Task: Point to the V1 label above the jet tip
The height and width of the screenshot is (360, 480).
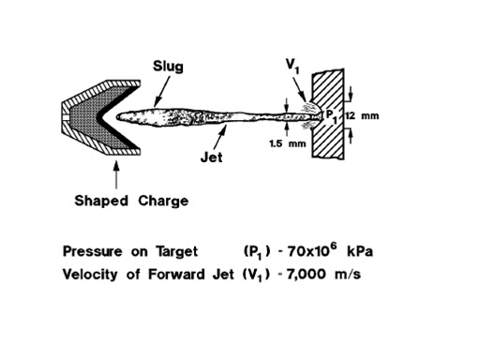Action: pyautogui.click(x=292, y=66)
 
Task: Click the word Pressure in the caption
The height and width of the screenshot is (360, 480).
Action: pyautogui.click(x=92, y=251)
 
